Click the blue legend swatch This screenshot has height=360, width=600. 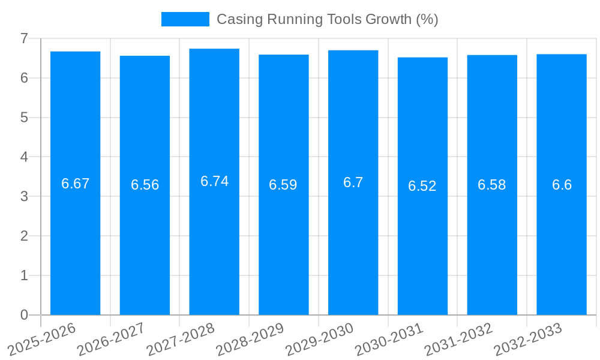185,19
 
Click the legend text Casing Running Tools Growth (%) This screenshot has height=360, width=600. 327,19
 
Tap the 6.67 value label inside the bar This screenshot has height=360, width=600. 75,184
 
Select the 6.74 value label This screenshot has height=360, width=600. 214,181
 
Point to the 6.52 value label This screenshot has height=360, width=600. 422,186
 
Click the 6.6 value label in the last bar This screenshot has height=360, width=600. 562,185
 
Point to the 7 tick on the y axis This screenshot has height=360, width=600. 24,38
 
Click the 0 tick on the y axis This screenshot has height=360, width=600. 24,315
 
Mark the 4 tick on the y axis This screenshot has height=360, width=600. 24,157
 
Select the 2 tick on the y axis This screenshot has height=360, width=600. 24,236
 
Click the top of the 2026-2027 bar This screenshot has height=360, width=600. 145,56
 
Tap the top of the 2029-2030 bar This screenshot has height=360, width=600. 353,51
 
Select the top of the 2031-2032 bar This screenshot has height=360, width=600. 492,56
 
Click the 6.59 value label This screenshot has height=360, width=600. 283,185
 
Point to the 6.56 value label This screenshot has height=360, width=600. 145,185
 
